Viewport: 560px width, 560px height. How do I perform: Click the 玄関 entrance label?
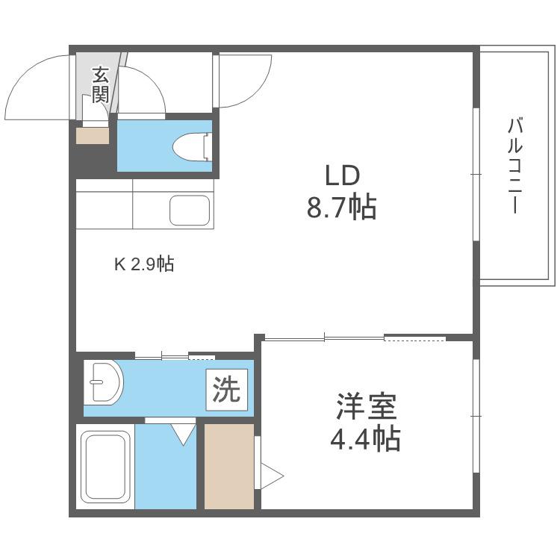[x=100, y=84]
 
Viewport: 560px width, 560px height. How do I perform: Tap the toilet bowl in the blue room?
[x=193, y=147]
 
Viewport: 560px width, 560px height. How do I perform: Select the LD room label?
[x=342, y=175]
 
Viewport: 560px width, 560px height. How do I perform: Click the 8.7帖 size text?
[x=342, y=207]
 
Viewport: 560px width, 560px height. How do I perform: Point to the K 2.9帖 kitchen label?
[x=144, y=264]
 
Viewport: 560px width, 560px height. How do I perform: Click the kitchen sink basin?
[x=190, y=211]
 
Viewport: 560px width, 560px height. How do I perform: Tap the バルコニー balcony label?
[x=514, y=166]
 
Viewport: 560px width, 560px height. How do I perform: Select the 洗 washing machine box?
[x=226, y=389]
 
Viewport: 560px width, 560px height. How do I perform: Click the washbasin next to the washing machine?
[x=104, y=382]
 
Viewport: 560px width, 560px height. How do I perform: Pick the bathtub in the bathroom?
[x=105, y=467]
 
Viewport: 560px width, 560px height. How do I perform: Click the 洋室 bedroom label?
[x=366, y=406]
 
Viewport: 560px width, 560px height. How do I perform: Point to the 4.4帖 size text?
[x=365, y=438]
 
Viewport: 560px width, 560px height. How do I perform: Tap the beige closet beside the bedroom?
[x=229, y=467]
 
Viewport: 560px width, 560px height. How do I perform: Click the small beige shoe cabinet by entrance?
[x=93, y=136]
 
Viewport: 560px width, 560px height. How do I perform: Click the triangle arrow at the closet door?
[x=272, y=476]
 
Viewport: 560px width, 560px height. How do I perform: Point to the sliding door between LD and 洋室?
[x=355, y=337]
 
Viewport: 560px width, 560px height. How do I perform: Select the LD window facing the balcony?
[x=476, y=174]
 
